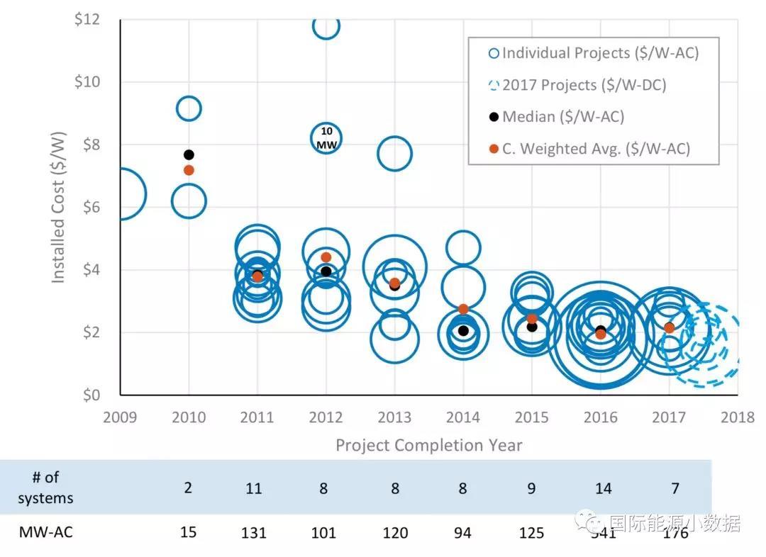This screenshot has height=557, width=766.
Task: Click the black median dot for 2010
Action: (189, 154)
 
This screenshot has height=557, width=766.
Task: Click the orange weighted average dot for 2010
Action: (189, 170)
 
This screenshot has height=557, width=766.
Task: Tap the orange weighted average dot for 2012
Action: (326, 257)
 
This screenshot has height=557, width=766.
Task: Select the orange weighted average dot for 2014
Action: (463, 309)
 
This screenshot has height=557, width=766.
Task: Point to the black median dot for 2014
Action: (463, 330)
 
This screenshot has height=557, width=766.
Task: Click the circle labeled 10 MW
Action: (326, 137)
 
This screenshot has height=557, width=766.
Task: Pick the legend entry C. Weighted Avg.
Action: (589, 148)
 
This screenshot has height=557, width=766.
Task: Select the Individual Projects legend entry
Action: (593, 53)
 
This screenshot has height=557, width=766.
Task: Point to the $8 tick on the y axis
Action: (87, 145)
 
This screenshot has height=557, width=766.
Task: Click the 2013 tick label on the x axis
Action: (394, 417)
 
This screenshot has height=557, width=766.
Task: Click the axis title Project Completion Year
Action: (428, 446)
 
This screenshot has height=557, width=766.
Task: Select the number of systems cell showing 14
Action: (601, 488)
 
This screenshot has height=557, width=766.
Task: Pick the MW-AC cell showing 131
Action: (254, 532)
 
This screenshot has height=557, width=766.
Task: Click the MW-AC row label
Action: (45, 531)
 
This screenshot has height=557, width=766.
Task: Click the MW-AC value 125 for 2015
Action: (531, 532)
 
